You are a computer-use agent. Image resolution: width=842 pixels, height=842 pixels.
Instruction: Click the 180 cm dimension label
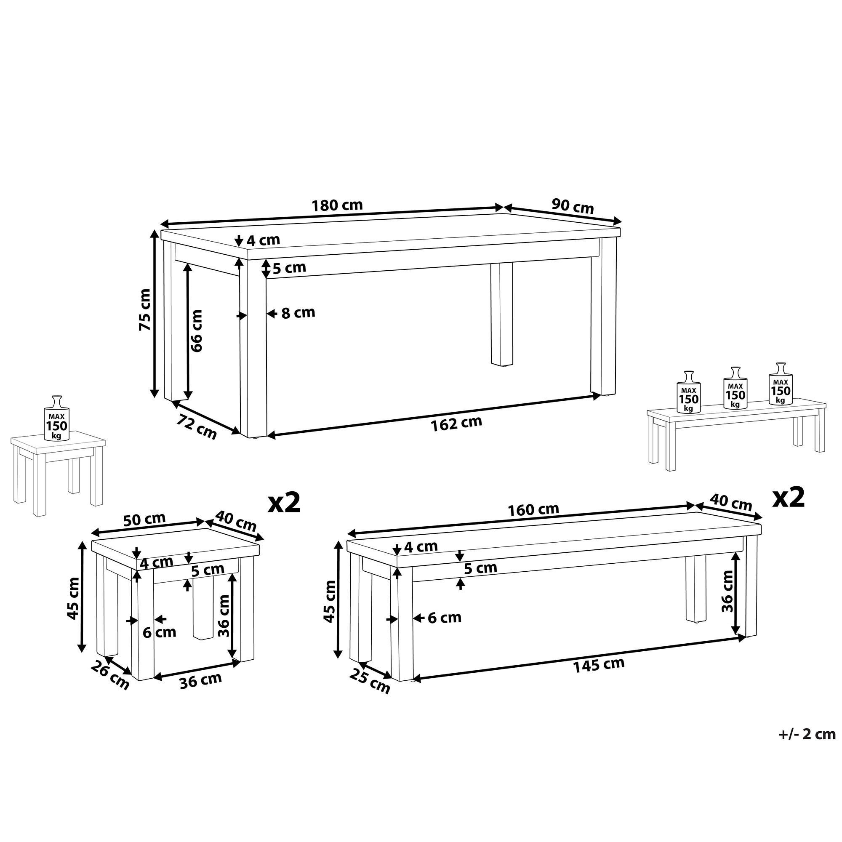click(x=337, y=205)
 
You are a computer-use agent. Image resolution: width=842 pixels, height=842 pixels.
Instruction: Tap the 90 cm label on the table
click(x=572, y=206)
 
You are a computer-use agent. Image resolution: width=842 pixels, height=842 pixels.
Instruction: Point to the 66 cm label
click(x=197, y=331)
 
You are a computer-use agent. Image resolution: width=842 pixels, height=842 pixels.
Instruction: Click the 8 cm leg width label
click(x=298, y=313)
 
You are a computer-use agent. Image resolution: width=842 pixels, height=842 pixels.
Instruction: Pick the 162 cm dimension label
click(x=456, y=423)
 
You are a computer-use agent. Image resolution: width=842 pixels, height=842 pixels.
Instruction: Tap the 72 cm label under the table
click(x=197, y=426)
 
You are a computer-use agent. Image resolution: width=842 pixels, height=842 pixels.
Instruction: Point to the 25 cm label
click(x=370, y=681)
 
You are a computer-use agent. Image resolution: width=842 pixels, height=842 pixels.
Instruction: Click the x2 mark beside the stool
click(x=284, y=503)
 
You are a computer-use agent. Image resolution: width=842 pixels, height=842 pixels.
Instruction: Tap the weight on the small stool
click(x=56, y=419)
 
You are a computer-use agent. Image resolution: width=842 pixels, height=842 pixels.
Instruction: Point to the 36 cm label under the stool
click(x=200, y=680)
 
